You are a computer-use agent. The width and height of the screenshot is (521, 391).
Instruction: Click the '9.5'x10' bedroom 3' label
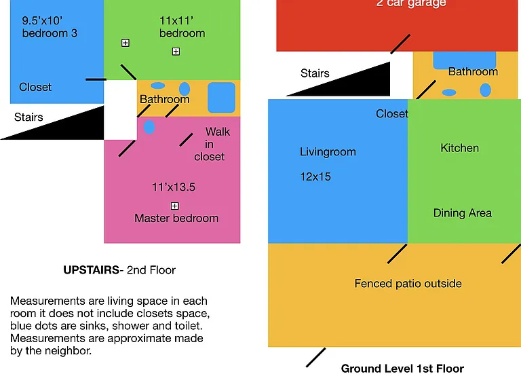coord(50,27)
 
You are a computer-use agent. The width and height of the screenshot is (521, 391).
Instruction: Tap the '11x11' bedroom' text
coord(182,27)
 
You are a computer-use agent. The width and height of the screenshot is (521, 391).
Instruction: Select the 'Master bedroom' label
coord(176,218)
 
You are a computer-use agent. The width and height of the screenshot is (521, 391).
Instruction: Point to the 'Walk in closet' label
coord(212,144)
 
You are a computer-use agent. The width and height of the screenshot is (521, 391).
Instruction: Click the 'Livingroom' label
coord(328,152)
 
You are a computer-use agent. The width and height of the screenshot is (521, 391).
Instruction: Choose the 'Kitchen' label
coord(459,148)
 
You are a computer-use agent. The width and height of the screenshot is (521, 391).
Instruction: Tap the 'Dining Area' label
coord(462,212)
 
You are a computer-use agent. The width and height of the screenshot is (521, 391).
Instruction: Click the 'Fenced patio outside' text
coord(408,284)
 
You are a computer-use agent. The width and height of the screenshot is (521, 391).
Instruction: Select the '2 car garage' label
coord(411,3)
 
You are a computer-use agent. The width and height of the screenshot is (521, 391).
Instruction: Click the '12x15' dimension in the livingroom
coord(315,176)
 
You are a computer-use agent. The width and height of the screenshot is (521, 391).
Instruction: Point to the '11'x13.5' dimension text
coord(174,187)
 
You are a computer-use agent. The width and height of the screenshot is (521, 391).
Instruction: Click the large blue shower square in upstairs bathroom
coord(221,98)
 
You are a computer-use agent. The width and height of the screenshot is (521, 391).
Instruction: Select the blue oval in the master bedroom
coord(149,127)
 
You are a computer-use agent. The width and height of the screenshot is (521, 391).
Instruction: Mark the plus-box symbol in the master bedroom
coord(175,206)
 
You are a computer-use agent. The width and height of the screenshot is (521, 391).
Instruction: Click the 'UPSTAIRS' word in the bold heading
coord(91,270)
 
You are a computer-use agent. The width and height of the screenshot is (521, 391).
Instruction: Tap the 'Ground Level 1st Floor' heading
coord(402,369)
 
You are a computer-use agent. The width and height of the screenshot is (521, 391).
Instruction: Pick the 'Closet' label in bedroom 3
coord(35,87)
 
